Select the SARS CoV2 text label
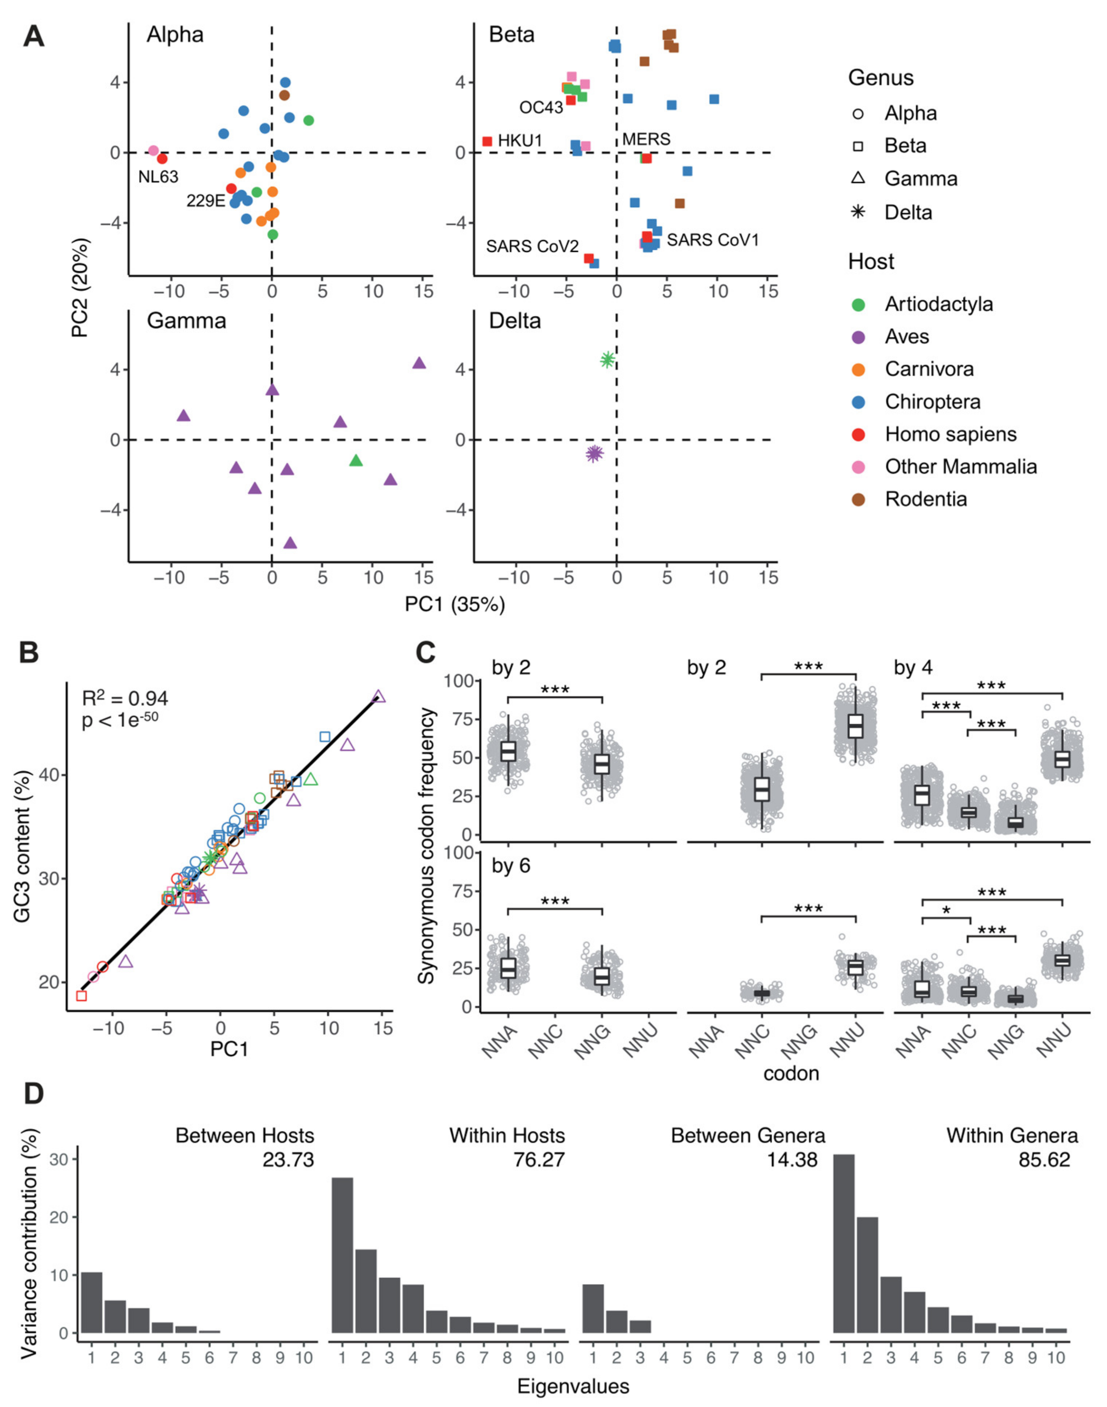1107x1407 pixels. tap(532, 247)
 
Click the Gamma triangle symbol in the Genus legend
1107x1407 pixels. tap(858, 178)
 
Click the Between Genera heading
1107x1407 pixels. tap(748, 1136)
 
